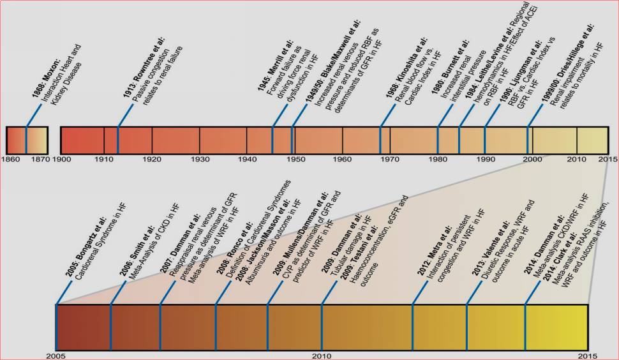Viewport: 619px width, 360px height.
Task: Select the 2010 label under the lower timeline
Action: point(322,355)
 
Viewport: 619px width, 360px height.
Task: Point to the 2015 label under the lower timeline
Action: point(587,355)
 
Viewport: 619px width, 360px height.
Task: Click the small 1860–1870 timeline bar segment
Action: point(27,139)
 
